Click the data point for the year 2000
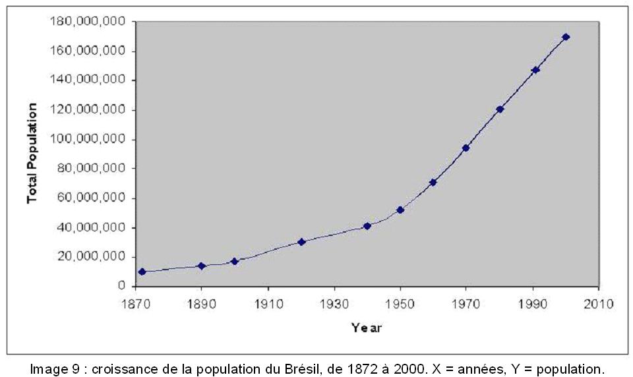tap(566, 37)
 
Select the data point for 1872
tap(142, 272)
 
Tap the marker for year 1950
tap(400, 210)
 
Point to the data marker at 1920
tap(301, 242)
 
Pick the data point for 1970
tap(466, 148)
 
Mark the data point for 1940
tap(367, 226)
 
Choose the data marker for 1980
tap(500, 109)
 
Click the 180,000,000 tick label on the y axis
tap(88, 22)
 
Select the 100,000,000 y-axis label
tap(88, 139)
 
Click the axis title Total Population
tap(32, 154)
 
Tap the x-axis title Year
tap(367, 327)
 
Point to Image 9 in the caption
tap(56, 368)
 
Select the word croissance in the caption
tap(120, 368)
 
